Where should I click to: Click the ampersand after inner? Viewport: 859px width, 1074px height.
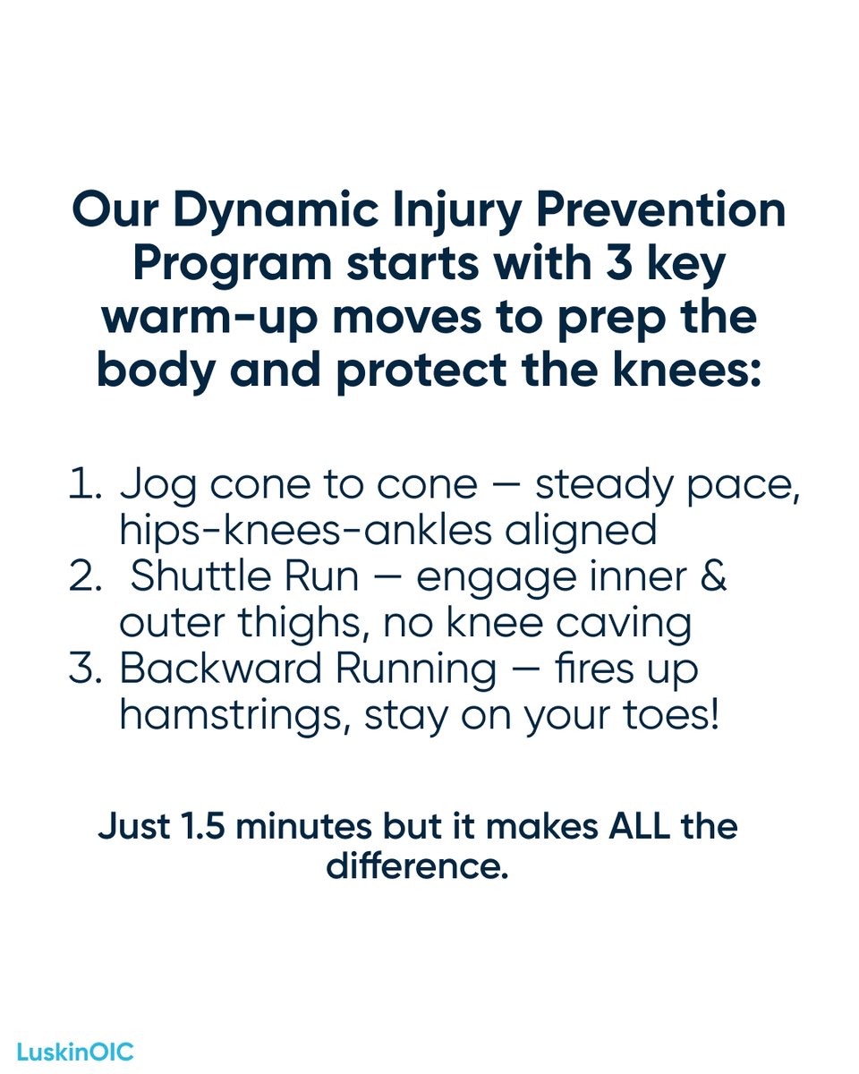pyautogui.click(x=713, y=578)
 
